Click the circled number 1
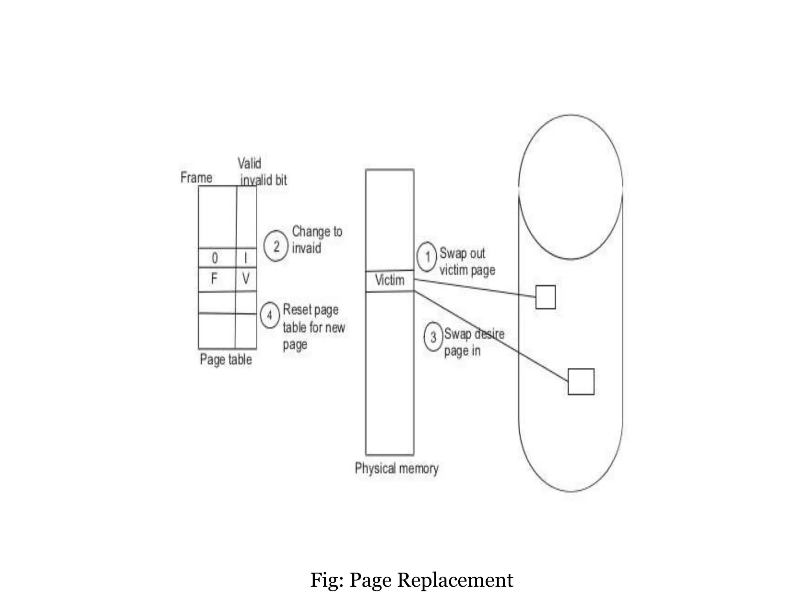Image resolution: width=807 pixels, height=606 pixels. click(x=427, y=257)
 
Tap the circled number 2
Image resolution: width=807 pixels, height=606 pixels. click(x=276, y=246)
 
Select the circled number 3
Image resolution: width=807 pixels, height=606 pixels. click(x=433, y=337)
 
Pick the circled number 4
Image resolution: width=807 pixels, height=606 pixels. click(x=270, y=315)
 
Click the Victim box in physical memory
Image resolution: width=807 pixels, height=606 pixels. click(x=390, y=281)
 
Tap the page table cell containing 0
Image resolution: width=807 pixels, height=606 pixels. click(x=215, y=258)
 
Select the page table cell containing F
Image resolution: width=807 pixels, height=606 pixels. click(x=214, y=279)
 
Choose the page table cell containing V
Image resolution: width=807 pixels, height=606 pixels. click(x=246, y=279)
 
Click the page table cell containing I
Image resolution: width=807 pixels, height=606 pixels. click(x=246, y=258)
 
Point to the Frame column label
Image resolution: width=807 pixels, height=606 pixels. click(x=196, y=178)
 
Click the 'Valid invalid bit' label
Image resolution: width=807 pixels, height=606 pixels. click(x=262, y=172)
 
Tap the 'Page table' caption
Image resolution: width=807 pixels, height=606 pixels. click(x=226, y=359)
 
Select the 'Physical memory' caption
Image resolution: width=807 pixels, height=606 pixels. click(x=396, y=468)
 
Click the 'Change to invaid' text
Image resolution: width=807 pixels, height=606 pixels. click(x=317, y=239)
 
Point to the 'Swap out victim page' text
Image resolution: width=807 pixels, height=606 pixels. click(x=467, y=262)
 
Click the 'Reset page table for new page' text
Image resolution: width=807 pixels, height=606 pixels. click(x=314, y=327)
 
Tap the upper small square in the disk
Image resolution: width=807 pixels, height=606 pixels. click(x=545, y=297)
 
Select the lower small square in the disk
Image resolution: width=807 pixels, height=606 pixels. click(x=581, y=382)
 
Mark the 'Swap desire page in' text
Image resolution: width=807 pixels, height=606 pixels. click(x=474, y=342)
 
